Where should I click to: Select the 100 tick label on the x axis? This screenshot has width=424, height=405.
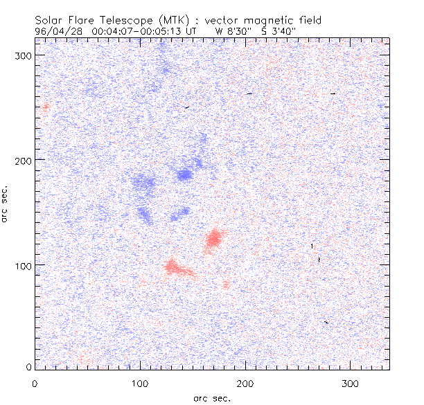140,383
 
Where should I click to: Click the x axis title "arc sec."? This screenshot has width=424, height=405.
211,398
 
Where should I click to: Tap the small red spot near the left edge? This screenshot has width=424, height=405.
46,106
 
